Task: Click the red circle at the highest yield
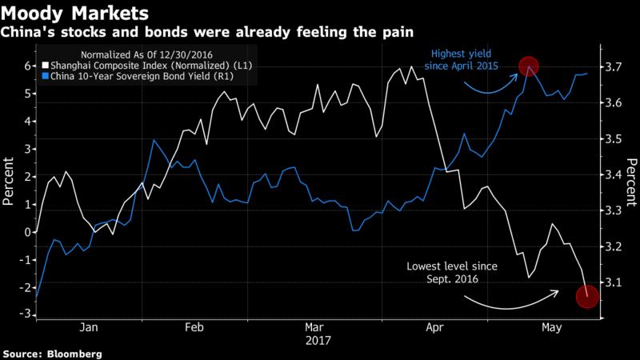528,66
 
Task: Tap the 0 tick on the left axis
28,232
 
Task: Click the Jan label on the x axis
90,327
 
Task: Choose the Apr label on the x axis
435,327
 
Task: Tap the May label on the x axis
550,327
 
